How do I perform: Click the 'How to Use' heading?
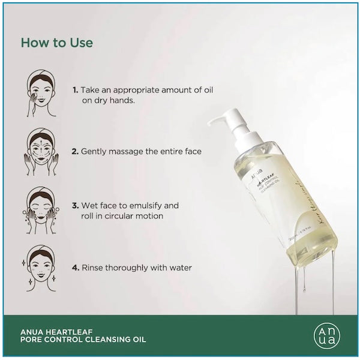click(56, 43)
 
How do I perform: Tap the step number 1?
click(75, 89)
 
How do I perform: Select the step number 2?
click(75, 152)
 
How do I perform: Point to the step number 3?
click(75, 205)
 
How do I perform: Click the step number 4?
click(75, 268)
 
